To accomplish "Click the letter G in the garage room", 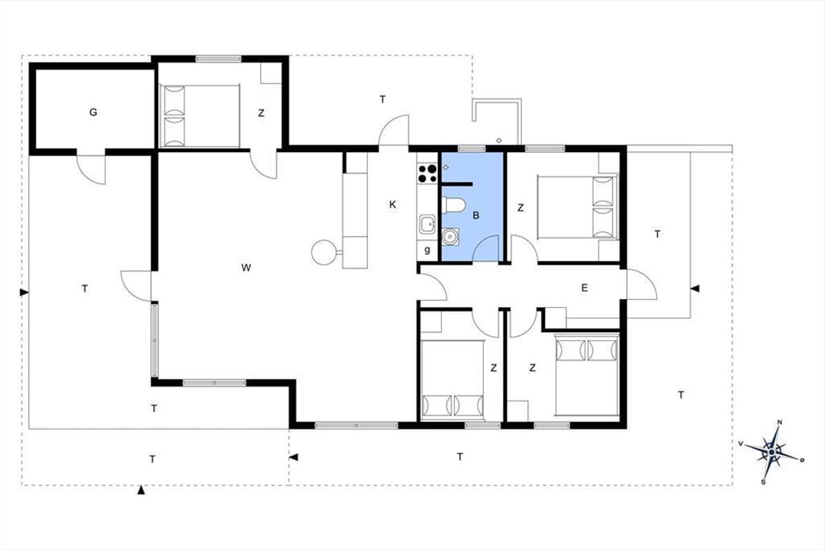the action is [93, 112].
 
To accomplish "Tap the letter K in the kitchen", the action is [393, 204].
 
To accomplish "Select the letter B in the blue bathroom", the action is [476, 215].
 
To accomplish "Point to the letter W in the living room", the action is [246, 268].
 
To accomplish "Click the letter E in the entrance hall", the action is [584, 288].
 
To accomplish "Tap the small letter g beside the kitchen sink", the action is [427, 250].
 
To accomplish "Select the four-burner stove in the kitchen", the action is [427, 173].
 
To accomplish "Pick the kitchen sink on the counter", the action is [427, 224].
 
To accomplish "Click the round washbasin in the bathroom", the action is [450, 236].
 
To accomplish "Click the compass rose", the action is [771, 452].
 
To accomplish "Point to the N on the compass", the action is [780, 422].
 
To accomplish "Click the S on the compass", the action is [762, 482].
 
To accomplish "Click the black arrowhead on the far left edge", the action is [24, 292].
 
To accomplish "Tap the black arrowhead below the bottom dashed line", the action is [141, 490].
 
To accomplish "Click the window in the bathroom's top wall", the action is [472, 148].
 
